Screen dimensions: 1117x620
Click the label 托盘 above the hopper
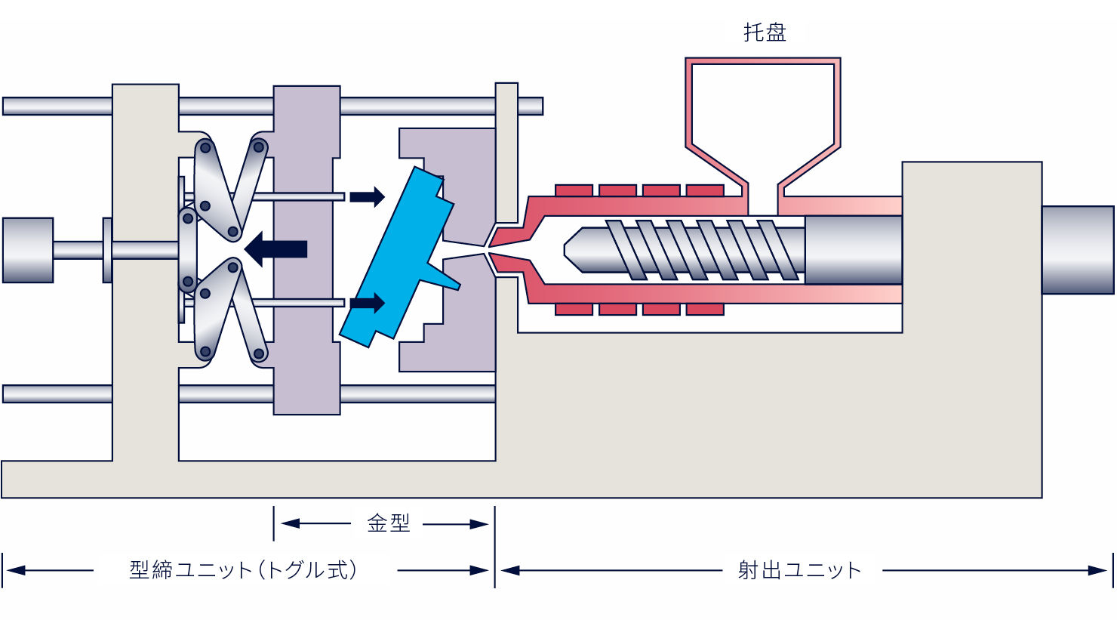[x=765, y=32]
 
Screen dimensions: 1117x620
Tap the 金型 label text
[x=389, y=523]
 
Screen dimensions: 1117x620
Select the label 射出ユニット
[x=799, y=570]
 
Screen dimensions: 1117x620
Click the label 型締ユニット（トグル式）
[x=243, y=570]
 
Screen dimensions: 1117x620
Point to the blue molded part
[x=399, y=257]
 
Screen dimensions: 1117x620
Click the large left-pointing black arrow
[x=275, y=249]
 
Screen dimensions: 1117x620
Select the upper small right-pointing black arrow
[x=367, y=196]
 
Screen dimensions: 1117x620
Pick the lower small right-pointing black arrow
[x=367, y=303]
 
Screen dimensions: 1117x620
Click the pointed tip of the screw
[x=565, y=250]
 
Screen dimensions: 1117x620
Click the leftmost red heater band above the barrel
[x=574, y=190]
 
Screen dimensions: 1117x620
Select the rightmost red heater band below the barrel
[x=705, y=310]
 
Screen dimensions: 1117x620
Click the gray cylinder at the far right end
[x=1078, y=250]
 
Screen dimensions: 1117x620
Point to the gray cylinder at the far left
[x=28, y=250]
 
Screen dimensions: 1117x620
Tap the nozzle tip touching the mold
[x=490, y=250]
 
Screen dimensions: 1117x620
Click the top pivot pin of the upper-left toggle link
[x=205, y=148]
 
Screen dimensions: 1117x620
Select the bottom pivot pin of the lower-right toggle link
[x=258, y=353]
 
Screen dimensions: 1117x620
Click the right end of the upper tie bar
[x=542, y=106]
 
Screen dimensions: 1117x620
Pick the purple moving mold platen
[x=306, y=250]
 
